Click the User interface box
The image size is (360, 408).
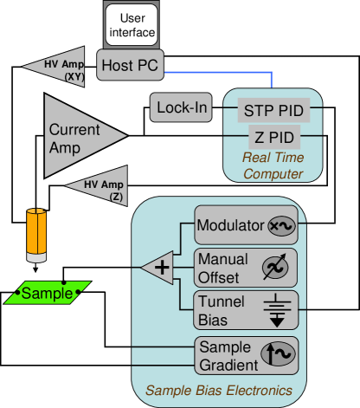pos(132,25)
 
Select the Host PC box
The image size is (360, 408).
pos(130,65)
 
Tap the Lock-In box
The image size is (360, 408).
pos(182,107)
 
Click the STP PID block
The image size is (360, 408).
pos(273,110)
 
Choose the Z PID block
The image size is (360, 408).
pos(273,137)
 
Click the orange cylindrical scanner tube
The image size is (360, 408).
pos(35,234)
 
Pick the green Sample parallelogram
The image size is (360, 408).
pos(48,293)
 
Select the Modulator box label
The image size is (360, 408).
pos(230,226)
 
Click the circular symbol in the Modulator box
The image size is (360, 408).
pos(281,226)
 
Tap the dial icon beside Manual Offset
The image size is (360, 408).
pos(280,268)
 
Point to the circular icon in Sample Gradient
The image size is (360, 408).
pos(280,354)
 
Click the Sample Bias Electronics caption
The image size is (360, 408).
pos(218,391)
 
